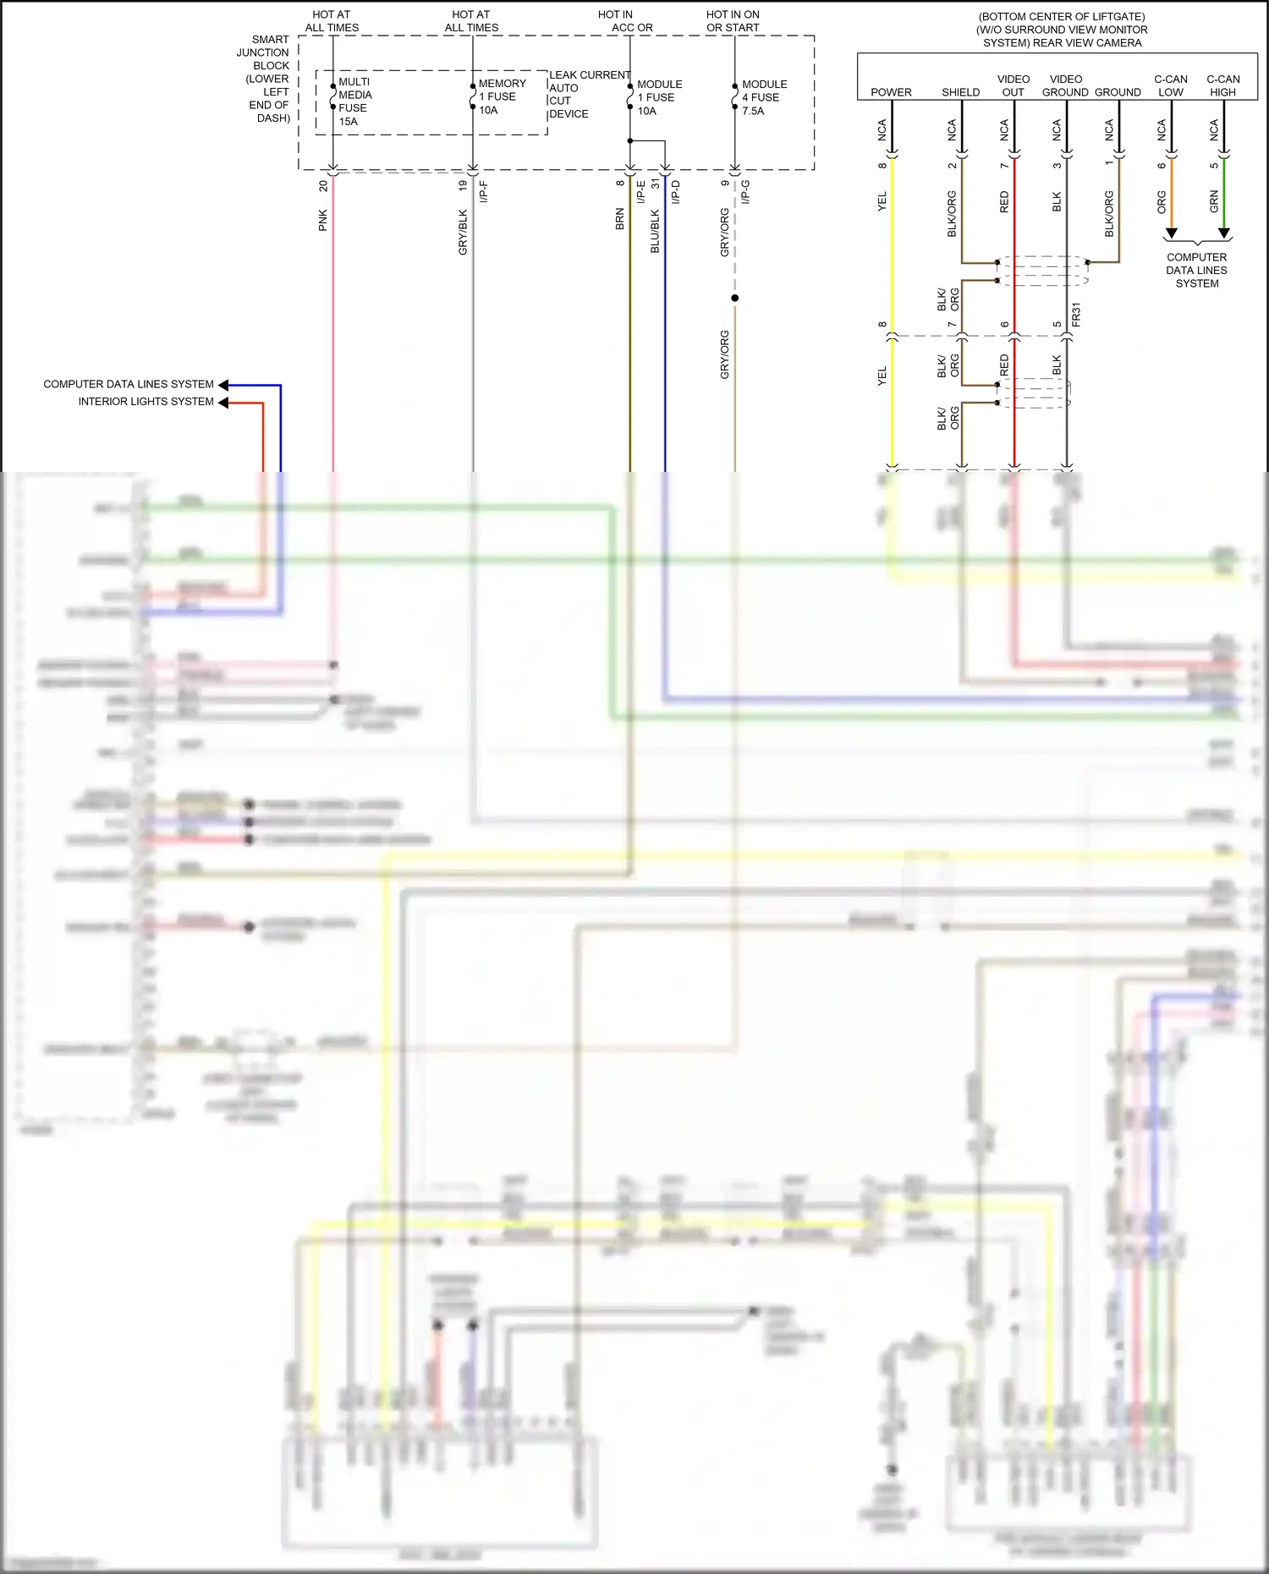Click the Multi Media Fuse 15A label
(354, 101)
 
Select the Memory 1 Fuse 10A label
(502, 96)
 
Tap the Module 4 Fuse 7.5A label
(764, 97)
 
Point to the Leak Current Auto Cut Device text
(588, 94)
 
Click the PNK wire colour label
(322, 221)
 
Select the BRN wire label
(619, 219)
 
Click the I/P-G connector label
(745, 192)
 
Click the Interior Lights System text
(146, 402)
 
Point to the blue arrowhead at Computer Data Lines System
(223, 385)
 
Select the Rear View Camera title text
(1062, 30)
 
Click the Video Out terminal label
(1013, 85)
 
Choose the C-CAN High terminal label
(1222, 85)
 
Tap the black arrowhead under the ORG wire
(1171, 233)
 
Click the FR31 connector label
(1076, 315)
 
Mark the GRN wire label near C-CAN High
(1213, 201)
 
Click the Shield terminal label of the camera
(960, 92)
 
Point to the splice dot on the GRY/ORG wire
(734, 298)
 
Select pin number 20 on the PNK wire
(323, 185)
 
